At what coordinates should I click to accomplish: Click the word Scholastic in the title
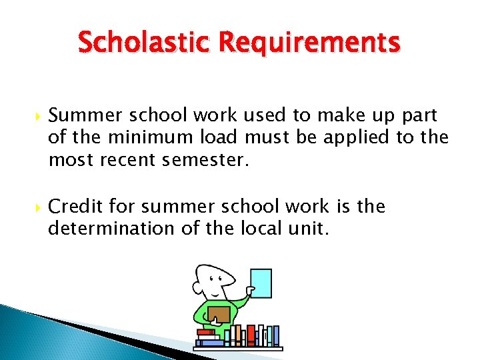pyautogui.click(x=141, y=43)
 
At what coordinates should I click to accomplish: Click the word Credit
pyautogui.click(x=75, y=207)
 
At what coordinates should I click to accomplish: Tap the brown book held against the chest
pyautogui.click(x=218, y=313)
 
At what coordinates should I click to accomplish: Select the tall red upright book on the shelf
pyautogui.click(x=251, y=335)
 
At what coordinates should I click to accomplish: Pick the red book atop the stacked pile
pyautogui.click(x=205, y=332)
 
